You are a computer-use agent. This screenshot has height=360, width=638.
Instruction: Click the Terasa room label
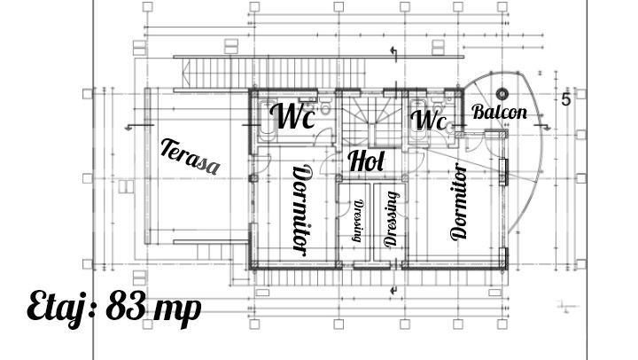190,157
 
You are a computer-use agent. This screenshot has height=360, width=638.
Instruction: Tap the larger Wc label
292,115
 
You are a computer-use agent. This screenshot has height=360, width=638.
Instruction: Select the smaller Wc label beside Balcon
428,120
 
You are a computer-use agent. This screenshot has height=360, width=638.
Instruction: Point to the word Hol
366,160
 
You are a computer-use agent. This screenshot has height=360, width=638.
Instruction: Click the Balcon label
499,112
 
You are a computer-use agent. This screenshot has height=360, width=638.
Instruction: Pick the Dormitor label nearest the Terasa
303,210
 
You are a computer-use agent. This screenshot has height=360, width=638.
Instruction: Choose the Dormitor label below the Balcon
459,201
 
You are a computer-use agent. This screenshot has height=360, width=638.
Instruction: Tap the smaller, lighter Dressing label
358,220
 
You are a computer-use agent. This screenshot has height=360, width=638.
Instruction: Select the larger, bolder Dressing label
391,219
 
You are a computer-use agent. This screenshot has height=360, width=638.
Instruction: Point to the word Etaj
61,308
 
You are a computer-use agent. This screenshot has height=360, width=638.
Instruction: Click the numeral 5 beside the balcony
566,100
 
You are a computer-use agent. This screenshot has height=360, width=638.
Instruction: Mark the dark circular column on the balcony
502,94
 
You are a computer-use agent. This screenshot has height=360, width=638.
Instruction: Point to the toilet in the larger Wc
325,106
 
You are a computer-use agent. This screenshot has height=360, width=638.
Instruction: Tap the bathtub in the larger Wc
267,121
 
